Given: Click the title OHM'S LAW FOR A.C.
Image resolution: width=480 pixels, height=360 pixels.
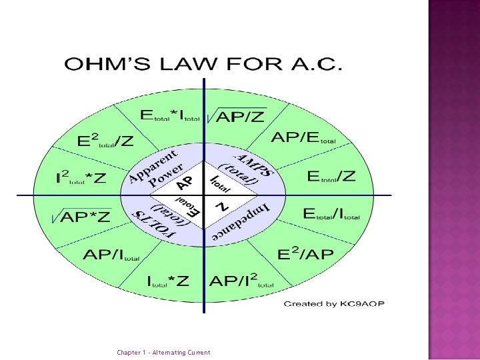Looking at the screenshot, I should (203, 65).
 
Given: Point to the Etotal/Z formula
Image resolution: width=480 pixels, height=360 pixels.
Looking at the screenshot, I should (331, 177).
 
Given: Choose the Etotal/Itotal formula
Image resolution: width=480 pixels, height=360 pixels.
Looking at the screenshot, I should (331, 214).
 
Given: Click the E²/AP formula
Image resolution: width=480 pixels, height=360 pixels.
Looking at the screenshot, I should (305, 254).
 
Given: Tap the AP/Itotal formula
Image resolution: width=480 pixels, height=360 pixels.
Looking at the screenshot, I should (111, 255).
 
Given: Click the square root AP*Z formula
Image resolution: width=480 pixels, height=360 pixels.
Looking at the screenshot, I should (81, 217).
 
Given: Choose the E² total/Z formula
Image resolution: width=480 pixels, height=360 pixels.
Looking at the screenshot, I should (105, 141).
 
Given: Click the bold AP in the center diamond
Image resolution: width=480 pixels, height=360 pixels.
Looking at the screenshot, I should (185, 182).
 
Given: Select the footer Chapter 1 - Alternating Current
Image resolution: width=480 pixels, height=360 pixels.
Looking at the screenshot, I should (163, 353).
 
